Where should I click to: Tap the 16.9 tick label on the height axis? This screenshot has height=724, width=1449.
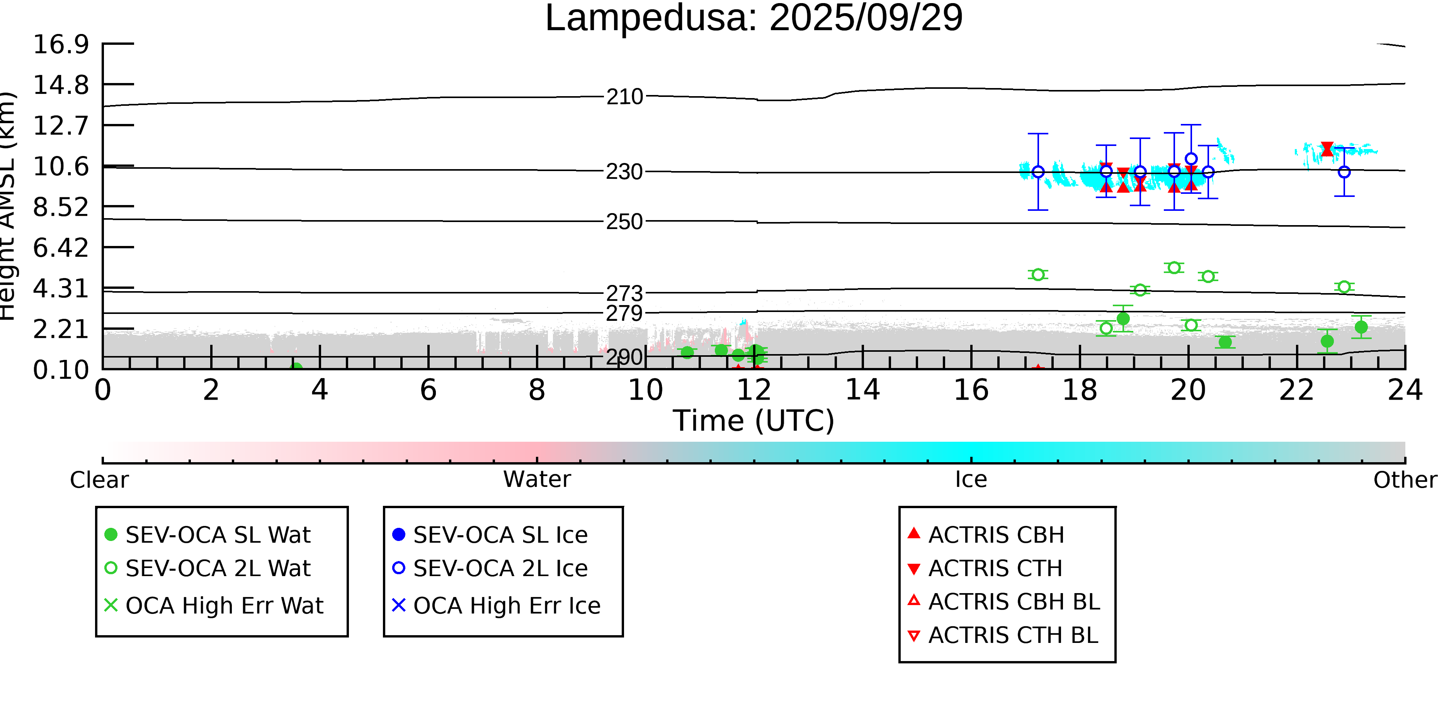(x=61, y=44)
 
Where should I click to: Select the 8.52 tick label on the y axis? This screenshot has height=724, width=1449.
(x=61, y=207)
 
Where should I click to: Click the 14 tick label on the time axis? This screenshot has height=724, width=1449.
(x=862, y=390)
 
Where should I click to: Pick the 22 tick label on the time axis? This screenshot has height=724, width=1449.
(x=1296, y=390)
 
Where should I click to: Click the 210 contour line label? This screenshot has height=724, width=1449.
(x=624, y=97)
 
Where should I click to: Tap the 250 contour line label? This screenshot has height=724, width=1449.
(x=624, y=222)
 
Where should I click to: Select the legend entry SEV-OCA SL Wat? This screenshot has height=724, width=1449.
(x=218, y=534)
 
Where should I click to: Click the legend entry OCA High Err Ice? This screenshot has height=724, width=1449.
(x=506, y=605)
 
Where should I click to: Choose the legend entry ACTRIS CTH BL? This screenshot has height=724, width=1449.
(x=1012, y=635)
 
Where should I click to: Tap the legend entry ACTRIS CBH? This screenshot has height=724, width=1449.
(x=996, y=534)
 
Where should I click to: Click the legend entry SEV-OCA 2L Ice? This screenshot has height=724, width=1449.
(x=500, y=568)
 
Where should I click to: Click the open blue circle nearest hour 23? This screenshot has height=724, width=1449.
(x=1344, y=172)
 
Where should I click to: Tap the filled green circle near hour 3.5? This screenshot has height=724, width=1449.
(x=296, y=368)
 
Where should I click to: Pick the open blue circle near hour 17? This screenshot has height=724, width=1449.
(x=1038, y=172)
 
